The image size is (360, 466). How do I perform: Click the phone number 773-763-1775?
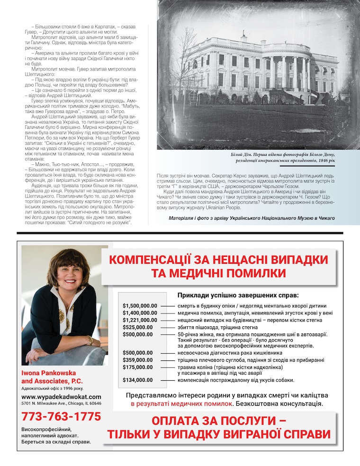[61, 417]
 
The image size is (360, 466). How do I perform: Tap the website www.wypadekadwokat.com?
[62, 396]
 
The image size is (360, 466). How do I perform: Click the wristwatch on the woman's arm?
[90, 341]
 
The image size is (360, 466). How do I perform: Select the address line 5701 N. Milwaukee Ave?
[61, 403]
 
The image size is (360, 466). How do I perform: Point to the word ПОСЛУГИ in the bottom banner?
[242, 421]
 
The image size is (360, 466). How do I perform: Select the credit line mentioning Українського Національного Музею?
[252, 218]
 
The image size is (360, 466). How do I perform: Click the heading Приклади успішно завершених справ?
[242, 296]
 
